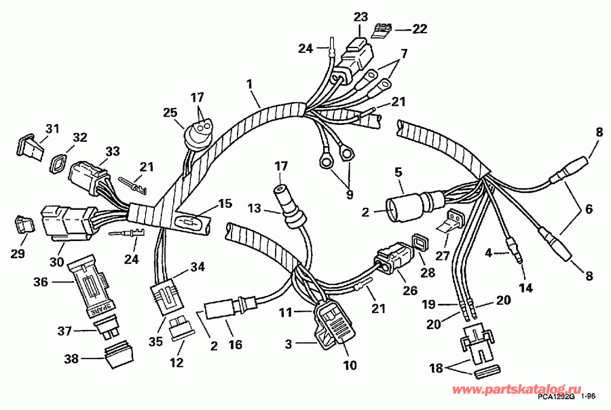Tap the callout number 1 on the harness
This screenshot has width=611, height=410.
coord(249,83)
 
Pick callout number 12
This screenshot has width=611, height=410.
coord(177,362)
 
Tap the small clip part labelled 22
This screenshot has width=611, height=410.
coord(384,29)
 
